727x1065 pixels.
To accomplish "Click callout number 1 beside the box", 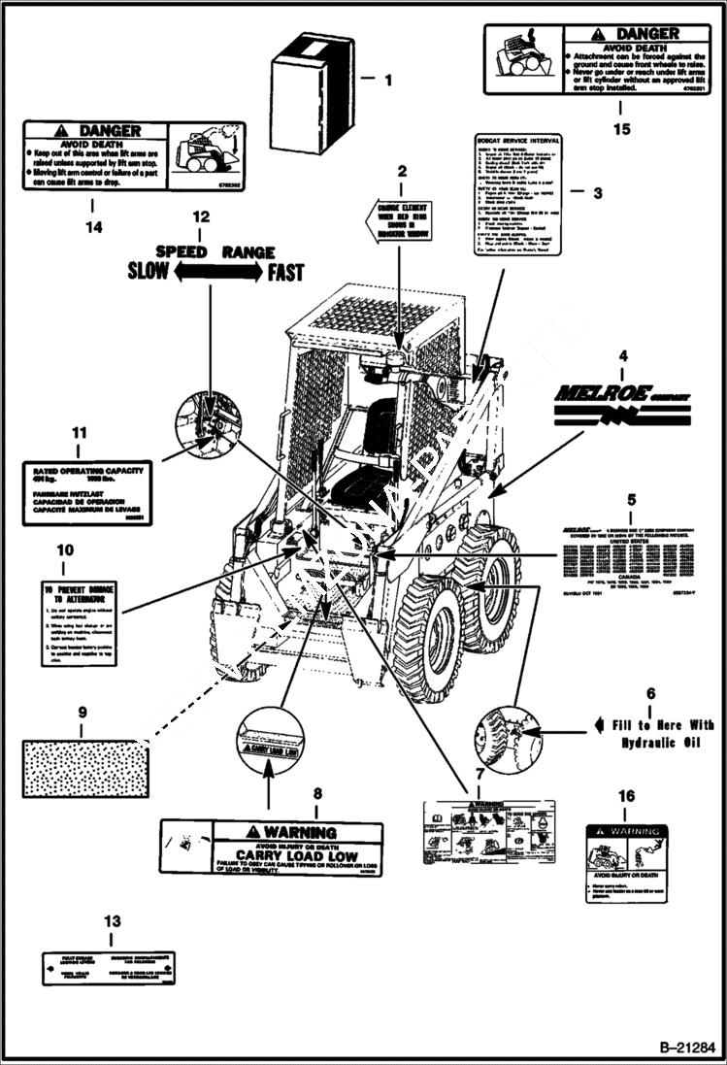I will [388, 81].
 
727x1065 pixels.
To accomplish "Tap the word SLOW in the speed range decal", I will [148, 272].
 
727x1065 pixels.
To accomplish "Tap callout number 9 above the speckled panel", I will [81, 712].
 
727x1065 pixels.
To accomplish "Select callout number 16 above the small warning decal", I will [627, 797].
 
